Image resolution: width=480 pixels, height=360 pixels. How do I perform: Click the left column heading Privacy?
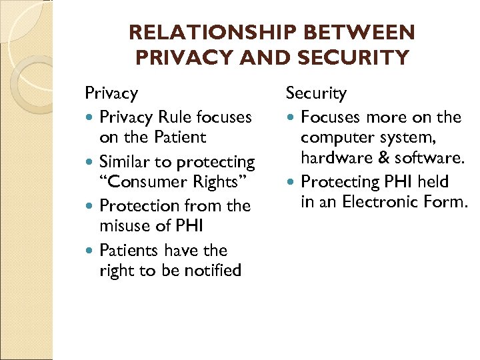[111, 93]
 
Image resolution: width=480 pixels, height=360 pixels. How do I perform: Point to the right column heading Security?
[317, 93]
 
